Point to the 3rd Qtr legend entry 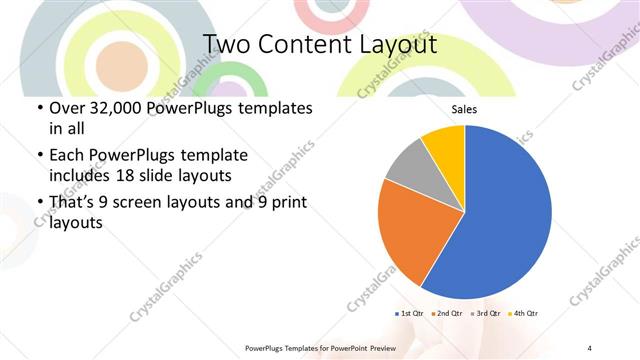[x=487, y=313]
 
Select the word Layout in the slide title [x=393, y=45]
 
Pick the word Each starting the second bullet [x=66, y=155]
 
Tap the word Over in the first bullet [x=68, y=107]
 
